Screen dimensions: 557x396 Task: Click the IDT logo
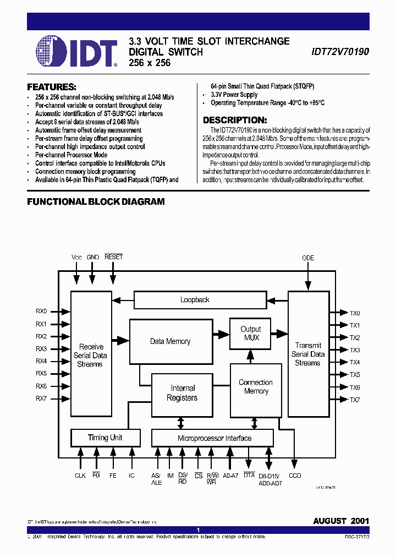pos(77,52)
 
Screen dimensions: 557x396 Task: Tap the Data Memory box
pos(170,341)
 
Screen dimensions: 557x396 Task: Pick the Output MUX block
pos(251,334)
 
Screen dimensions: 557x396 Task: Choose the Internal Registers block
pos(183,393)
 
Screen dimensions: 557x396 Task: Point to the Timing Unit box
pos(105,438)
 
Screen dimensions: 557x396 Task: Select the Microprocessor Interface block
pos(214,438)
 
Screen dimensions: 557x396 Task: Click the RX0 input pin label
pos(42,310)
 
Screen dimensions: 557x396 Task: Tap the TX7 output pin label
pos(354,400)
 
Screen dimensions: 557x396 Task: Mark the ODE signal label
pos(308,258)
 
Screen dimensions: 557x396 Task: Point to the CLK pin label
pos(80,476)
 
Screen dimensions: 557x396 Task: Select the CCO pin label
pos(295,476)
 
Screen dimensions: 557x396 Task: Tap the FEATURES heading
pos(52,87)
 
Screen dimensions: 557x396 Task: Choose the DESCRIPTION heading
pos(235,120)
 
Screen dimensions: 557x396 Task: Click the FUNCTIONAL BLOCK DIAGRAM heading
pos(96,201)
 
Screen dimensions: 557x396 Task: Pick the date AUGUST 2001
pos(341,521)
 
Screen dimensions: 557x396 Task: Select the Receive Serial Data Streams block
pos(91,355)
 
